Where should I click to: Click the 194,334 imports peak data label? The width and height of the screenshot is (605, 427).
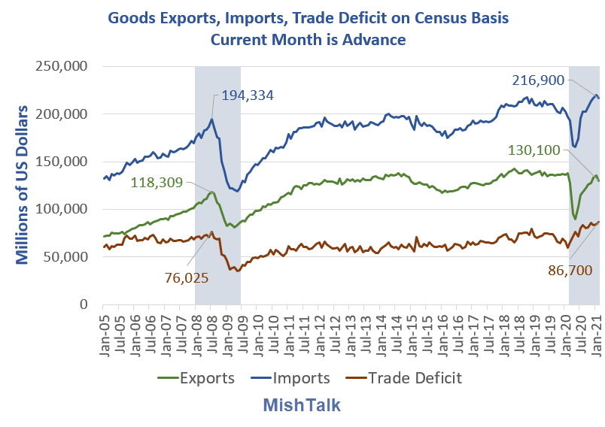coord(248,95)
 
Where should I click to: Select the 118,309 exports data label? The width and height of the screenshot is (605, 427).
coord(156,181)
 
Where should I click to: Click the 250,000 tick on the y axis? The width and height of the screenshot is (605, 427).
coord(62,66)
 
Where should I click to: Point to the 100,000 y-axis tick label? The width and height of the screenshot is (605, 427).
coord(62,209)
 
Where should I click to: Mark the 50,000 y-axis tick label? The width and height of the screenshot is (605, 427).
coord(66,257)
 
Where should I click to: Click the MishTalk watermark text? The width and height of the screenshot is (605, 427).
coord(302,405)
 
